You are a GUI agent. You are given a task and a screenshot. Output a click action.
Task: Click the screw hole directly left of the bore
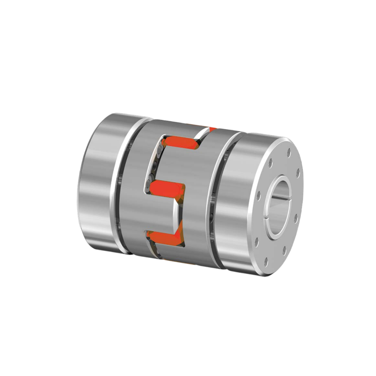(x=258, y=196)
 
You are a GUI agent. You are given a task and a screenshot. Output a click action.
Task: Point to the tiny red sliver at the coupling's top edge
(x=212, y=129)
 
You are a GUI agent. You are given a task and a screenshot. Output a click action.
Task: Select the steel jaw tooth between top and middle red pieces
(x=174, y=164)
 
